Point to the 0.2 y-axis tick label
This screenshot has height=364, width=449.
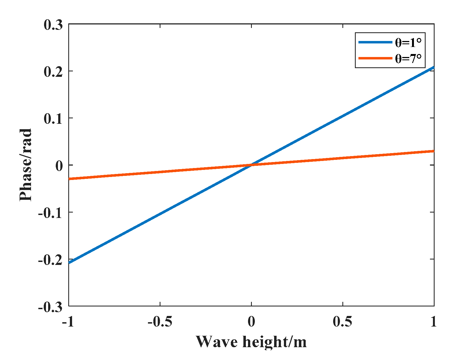coord(53,72)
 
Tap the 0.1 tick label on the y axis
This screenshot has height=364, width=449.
coord(53,119)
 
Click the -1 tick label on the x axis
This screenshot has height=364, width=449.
coord(68,322)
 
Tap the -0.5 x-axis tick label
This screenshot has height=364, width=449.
coord(160,322)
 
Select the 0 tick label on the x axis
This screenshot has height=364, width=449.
coord(251,322)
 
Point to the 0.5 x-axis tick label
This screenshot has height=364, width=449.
coord(342,322)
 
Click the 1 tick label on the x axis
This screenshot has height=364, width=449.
coord(433,322)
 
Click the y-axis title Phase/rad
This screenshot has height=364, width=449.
coord(26,165)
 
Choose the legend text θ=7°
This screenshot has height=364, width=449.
coord(408,58)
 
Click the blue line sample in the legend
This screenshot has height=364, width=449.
coord(375,42)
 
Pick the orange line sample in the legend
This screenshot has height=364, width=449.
coord(375,58)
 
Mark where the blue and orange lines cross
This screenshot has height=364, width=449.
coord(251,165)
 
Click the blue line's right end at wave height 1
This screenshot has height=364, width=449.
coord(433,67)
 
